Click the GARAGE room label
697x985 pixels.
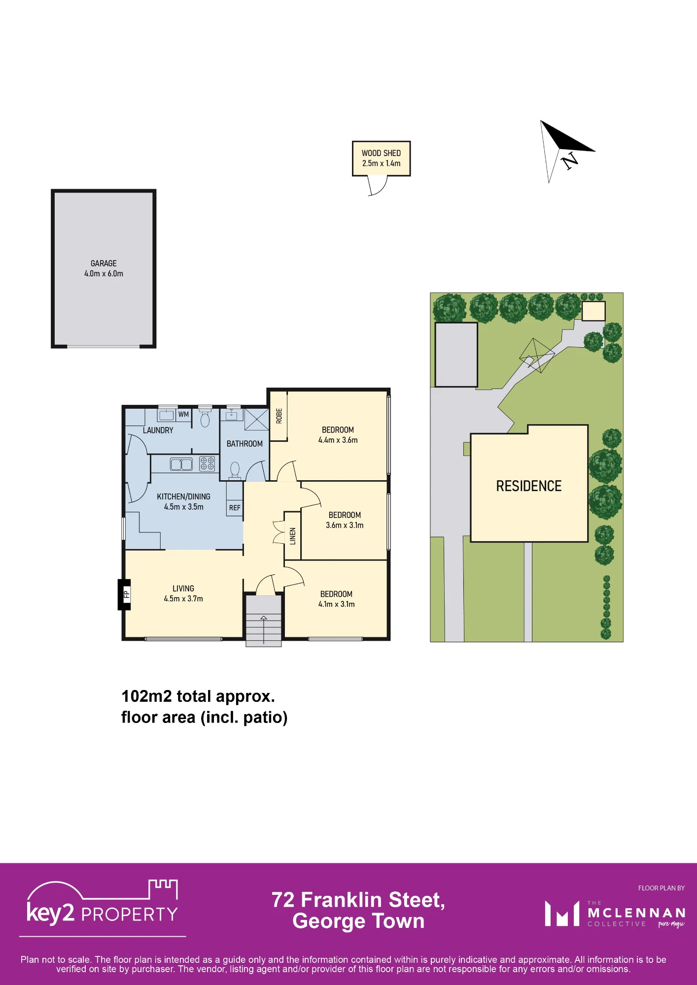pyautogui.click(x=104, y=263)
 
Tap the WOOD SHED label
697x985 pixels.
pyautogui.click(x=381, y=153)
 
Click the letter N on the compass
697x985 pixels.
pyautogui.click(x=570, y=161)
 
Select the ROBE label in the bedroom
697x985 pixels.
pyautogui.click(x=279, y=416)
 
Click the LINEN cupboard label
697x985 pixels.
pyautogui.click(x=293, y=536)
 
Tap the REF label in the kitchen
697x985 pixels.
pyautogui.click(x=235, y=508)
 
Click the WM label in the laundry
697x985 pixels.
pyautogui.click(x=183, y=414)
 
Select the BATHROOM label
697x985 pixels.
pyautogui.click(x=244, y=444)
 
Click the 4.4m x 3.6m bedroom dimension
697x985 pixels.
pyautogui.click(x=338, y=440)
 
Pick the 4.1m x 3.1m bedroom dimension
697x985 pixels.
pyautogui.click(x=337, y=604)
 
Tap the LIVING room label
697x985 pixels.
pyautogui.click(x=183, y=589)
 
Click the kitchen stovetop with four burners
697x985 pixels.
pyautogui.click(x=207, y=463)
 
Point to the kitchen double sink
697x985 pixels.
pyautogui.click(x=181, y=464)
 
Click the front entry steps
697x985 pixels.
pyautogui.click(x=264, y=621)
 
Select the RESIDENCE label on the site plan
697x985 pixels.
pyautogui.click(x=529, y=486)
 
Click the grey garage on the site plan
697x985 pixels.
pyautogui.click(x=456, y=355)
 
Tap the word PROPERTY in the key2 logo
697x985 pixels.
pyautogui.click(x=130, y=915)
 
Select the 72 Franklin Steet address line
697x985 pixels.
pyautogui.click(x=358, y=900)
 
